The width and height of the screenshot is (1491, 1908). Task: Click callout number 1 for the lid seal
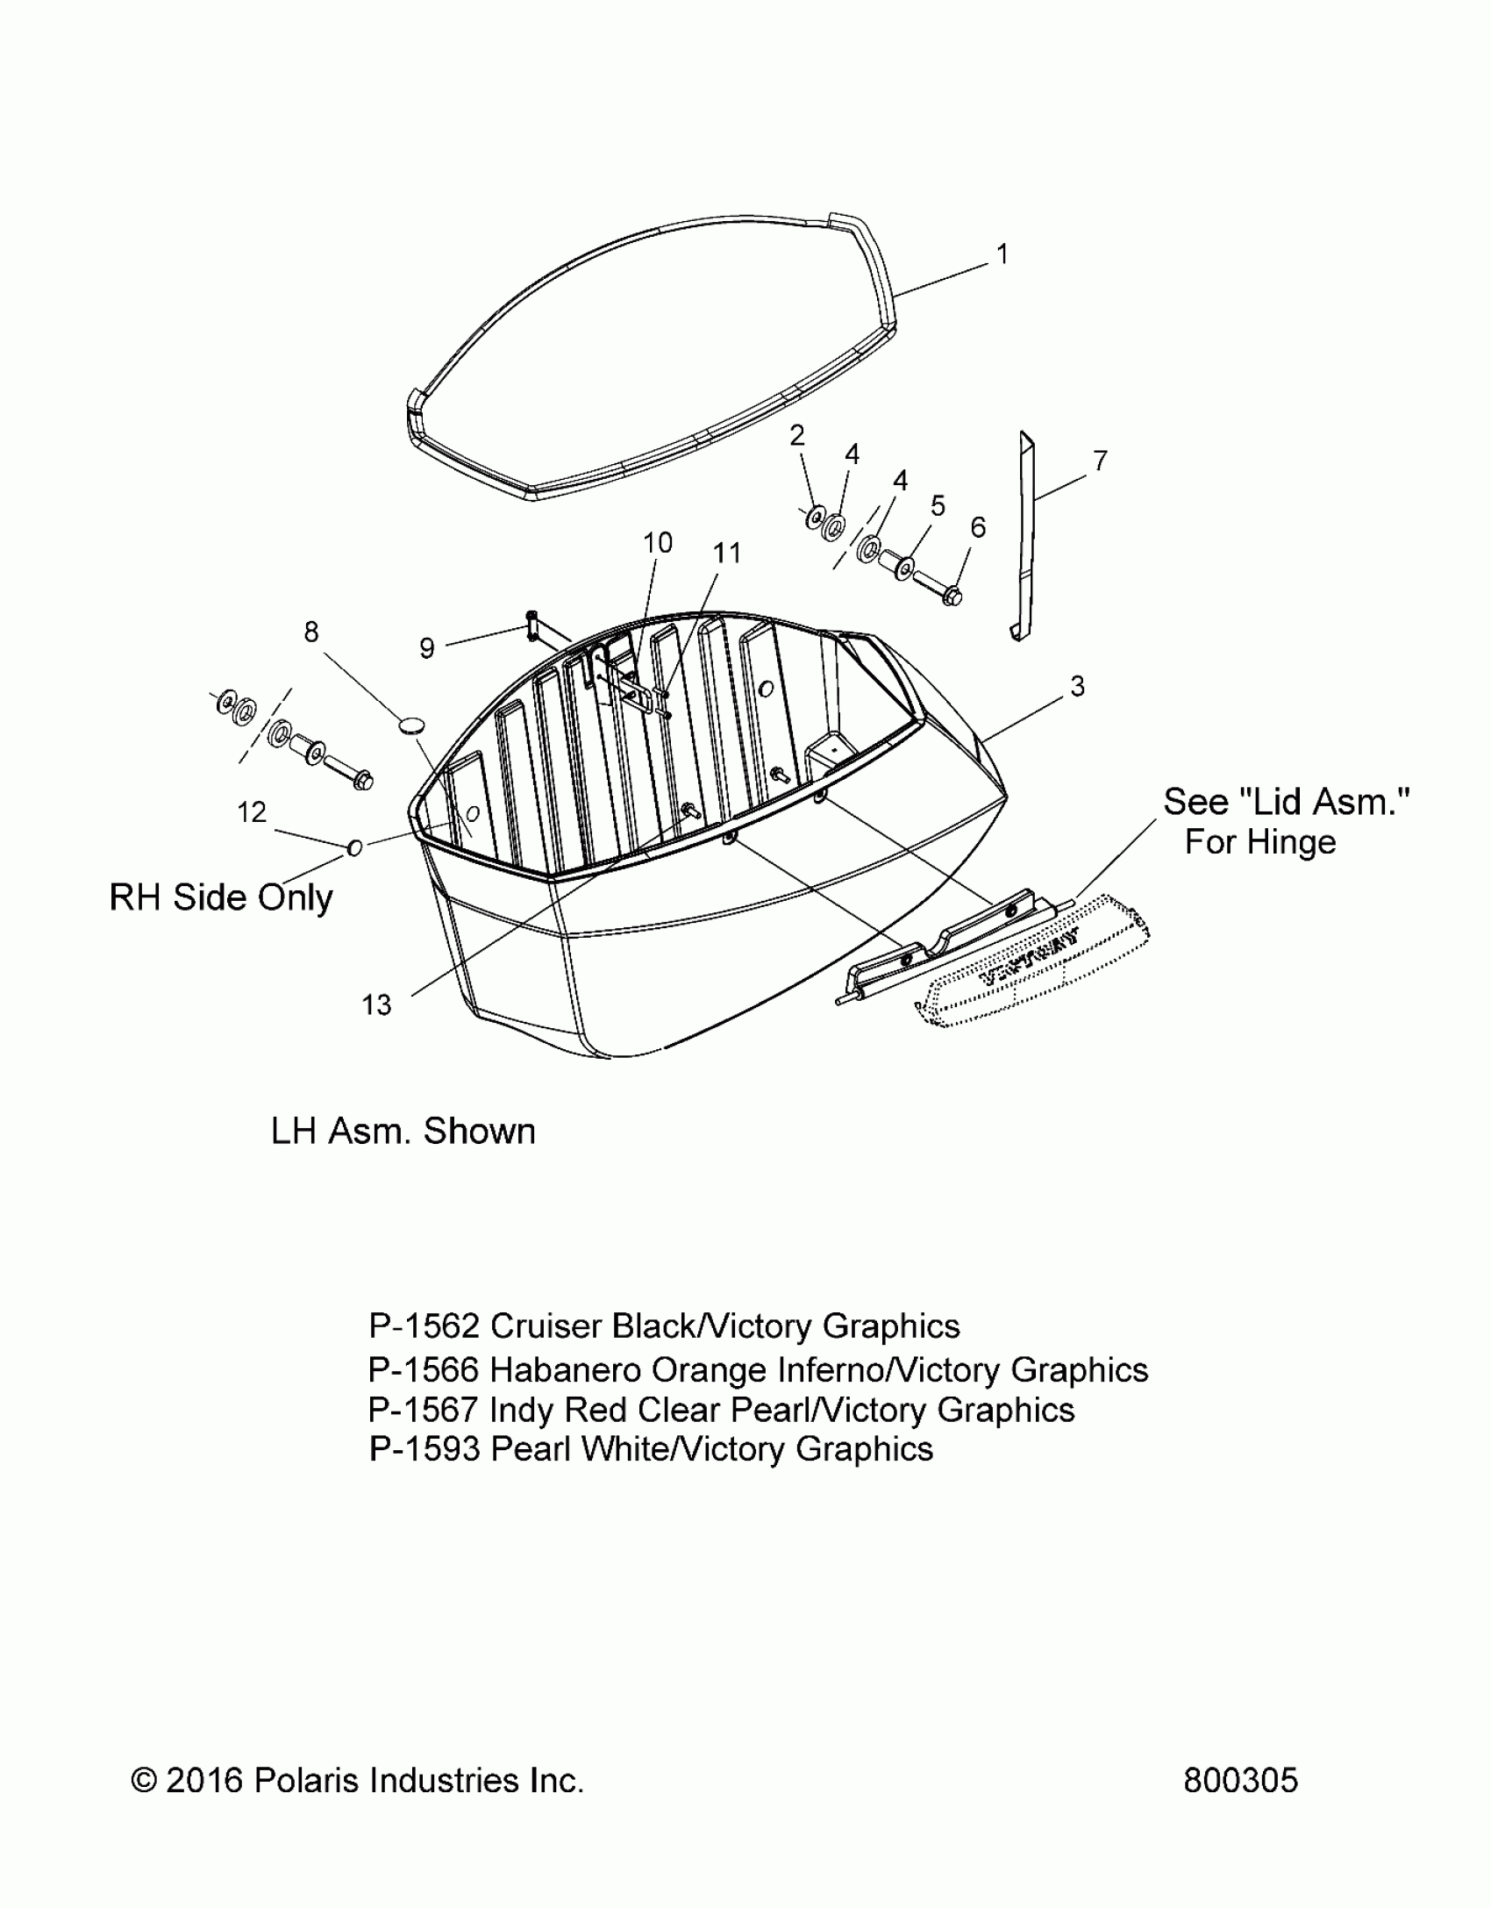[x=1002, y=254]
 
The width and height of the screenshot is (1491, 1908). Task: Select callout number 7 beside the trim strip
[x=1100, y=461]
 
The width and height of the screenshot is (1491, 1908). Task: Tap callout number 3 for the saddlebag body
[x=1077, y=686]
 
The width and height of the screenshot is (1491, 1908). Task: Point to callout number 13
[x=376, y=1004]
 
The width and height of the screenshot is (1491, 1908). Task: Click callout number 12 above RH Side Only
[x=252, y=812]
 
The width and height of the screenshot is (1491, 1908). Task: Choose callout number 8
[x=311, y=632]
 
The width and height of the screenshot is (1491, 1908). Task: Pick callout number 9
[x=427, y=648]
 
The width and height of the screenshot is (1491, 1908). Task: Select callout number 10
[x=658, y=543]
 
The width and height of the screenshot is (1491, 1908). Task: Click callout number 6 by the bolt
[x=978, y=527]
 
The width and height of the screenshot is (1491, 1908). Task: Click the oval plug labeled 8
[x=411, y=724]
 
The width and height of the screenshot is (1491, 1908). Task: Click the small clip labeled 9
[x=532, y=625]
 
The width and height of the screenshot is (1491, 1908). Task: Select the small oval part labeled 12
[x=355, y=847]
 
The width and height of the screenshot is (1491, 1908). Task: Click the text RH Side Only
[x=221, y=897]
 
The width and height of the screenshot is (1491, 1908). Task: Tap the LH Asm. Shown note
[x=403, y=1131]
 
